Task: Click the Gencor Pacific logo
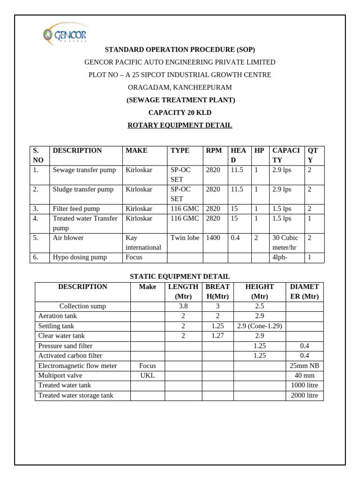tap(65, 34)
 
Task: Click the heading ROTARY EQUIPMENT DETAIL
tap(180, 125)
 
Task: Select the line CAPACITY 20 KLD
tap(180, 112)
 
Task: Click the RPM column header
tap(214, 150)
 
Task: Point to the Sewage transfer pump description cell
tap(84, 170)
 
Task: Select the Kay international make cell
tap(143, 242)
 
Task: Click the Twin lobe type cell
tap(185, 238)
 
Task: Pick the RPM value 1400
tap(213, 238)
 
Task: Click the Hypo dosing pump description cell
tap(80, 257)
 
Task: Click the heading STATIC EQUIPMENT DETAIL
tap(180, 277)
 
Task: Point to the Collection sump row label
tap(82, 306)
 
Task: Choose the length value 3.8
tap(183, 306)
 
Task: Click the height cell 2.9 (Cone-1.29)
tap(259, 326)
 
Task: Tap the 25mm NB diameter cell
tap(304, 366)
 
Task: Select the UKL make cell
tap(147, 375)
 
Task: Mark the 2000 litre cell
tap(304, 395)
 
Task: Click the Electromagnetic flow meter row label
tap(78, 366)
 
